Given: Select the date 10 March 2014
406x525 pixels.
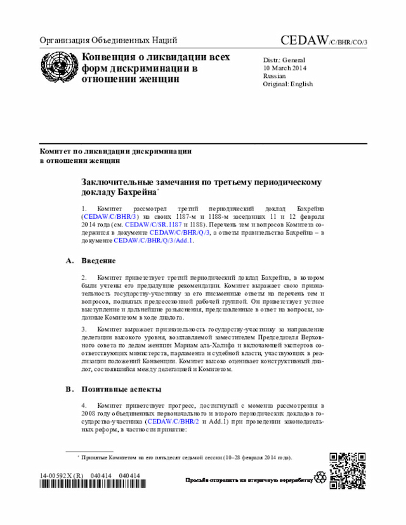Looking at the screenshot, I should tap(285, 67).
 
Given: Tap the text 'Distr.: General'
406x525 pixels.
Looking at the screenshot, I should tap(284, 60).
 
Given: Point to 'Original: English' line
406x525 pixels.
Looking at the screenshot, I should tap(288, 83).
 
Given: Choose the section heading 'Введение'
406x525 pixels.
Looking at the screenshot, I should tap(98, 261).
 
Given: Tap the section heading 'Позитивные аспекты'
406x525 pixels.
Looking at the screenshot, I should tap(121, 388).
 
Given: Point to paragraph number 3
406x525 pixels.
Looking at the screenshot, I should tap(84, 329).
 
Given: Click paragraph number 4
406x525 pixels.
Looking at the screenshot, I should tap(84, 404).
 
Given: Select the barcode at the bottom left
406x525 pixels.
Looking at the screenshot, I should tap(89, 485).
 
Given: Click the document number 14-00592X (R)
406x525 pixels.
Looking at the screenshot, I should tap(62, 476).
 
